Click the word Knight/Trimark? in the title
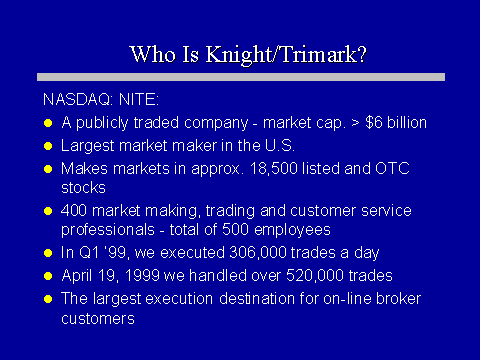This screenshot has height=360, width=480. click(x=286, y=54)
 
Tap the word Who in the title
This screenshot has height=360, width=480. click(x=152, y=53)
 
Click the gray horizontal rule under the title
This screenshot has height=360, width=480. click(x=241, y=77)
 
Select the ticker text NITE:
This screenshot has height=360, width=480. click(x=139, y=100)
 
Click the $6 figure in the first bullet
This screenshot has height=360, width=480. click(x=374, y=123)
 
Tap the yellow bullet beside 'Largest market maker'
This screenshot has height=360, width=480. click(x=48, y=146)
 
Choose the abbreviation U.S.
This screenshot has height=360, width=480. click(x=280, y=146)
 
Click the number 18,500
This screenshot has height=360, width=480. click(x=273, y=169)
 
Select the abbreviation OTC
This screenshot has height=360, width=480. click(x=392, y=168)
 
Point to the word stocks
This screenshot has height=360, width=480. click(x=83, y=188)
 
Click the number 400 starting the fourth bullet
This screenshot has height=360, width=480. click(x=74, y=211)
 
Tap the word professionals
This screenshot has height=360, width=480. click(x=108, y=230)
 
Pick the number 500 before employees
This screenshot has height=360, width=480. click(x=235, y=230)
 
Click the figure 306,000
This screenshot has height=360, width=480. click(x=258, y=253)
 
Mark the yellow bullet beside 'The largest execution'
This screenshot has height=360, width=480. click(x=48, y=299)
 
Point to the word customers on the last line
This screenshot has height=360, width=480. click(x=98, y=319)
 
